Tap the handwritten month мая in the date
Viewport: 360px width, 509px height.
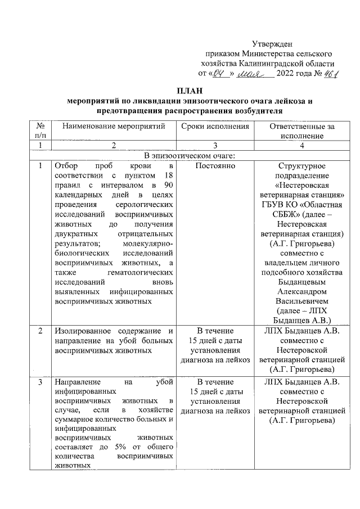(249, 74)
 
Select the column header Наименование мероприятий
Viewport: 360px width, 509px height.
(113, 127)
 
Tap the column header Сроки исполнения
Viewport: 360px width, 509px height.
(215, 127)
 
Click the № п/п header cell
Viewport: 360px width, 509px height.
(40, 131)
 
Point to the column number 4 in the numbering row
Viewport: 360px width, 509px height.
(301, 146)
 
